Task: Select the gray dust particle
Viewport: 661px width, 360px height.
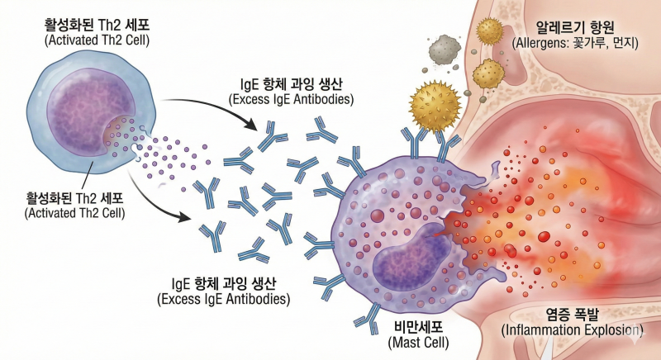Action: [x=444, y=50]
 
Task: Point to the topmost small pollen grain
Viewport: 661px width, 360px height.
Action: [x=489, y=31]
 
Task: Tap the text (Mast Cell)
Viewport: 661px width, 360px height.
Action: [x=418, y=343]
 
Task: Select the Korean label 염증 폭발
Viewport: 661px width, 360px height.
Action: [x=572, y=314]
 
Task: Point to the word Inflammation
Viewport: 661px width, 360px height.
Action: [x=544, y=329]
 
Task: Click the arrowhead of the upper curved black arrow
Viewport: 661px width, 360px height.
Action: [x=250, y=124]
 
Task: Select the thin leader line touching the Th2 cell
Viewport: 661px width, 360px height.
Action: [x=86, y=176]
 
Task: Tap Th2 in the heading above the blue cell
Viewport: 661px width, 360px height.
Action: [x=112, y=25]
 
